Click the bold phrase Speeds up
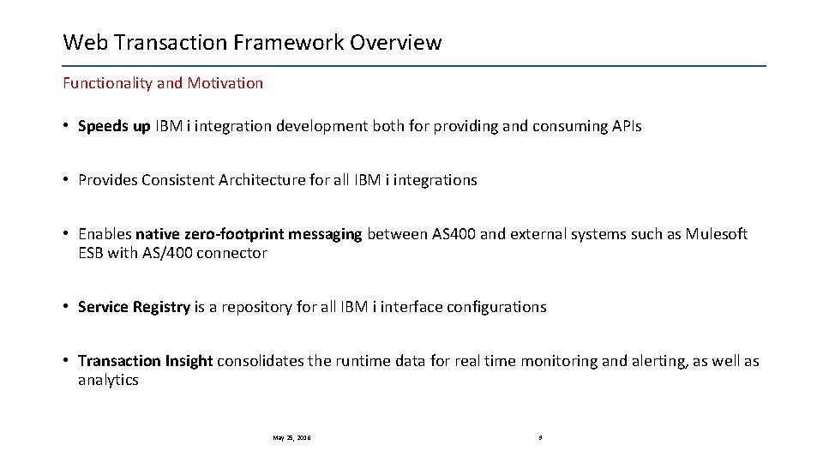114,127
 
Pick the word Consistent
181,180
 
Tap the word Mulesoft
716,234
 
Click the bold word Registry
161,307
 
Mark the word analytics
108,380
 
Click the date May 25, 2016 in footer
291,437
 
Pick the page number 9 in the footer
540,437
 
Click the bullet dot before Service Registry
66,307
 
